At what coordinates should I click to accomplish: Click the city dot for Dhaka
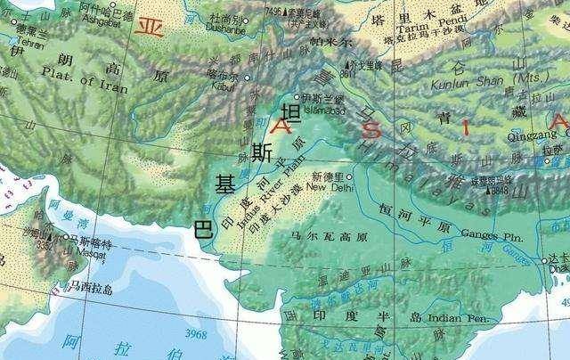coord(546,261)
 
